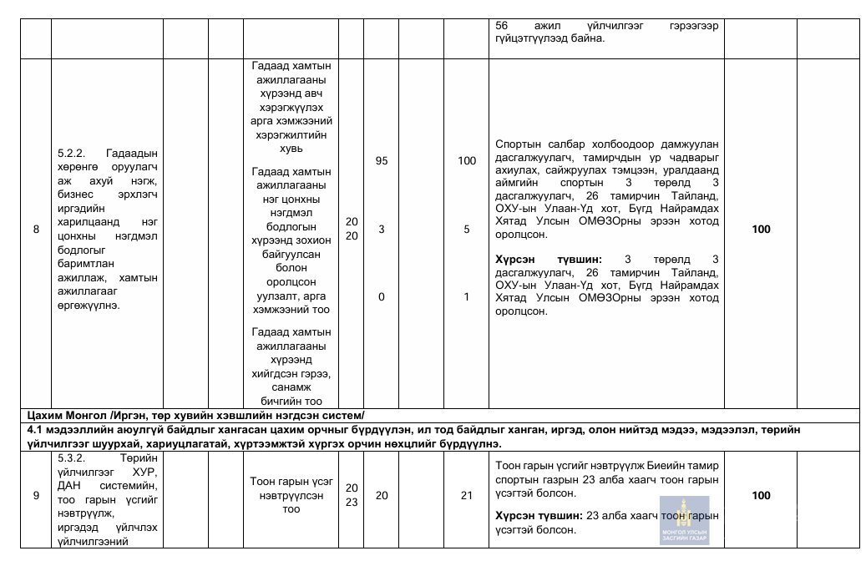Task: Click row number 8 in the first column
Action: (x=35, y=230)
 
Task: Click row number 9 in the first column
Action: (x=35, y=496)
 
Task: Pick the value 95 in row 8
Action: (x=381, y=161)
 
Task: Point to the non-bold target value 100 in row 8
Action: (x=467, y=161)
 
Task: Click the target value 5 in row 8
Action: (x=467, y=230)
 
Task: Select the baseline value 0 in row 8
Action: (x=381, y=296)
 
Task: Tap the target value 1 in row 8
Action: (x=467, y=296)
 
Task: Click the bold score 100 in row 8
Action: (x=761, y=230)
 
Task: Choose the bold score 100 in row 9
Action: (x=761, y=496)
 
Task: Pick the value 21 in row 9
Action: (x=467, y=496)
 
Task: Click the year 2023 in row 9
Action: (x=352, y=495)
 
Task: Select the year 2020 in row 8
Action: (x=352, y=229)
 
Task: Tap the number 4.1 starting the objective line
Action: (x=36, y=429)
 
